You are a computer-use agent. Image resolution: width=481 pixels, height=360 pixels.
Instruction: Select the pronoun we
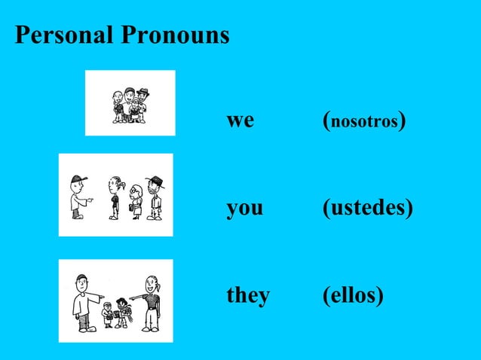coord(240,120)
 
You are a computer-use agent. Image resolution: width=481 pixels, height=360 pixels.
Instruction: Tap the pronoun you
coord(244,208)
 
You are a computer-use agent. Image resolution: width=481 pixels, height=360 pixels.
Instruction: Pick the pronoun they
coord(248,296)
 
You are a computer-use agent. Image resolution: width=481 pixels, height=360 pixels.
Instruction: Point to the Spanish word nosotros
coord(364,121)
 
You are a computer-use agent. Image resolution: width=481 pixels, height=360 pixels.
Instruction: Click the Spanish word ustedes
coord(367,208)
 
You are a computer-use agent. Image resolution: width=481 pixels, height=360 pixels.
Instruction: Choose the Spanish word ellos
coord(352,296)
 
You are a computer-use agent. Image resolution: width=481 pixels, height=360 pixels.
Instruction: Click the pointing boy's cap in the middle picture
coord(78,178)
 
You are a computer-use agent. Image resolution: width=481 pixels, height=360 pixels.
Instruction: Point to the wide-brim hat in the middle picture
coord(156,180)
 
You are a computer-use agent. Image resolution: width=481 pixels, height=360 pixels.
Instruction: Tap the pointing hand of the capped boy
coord(90,200)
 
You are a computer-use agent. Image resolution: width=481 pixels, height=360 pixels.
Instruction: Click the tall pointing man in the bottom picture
coord(84,301)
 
